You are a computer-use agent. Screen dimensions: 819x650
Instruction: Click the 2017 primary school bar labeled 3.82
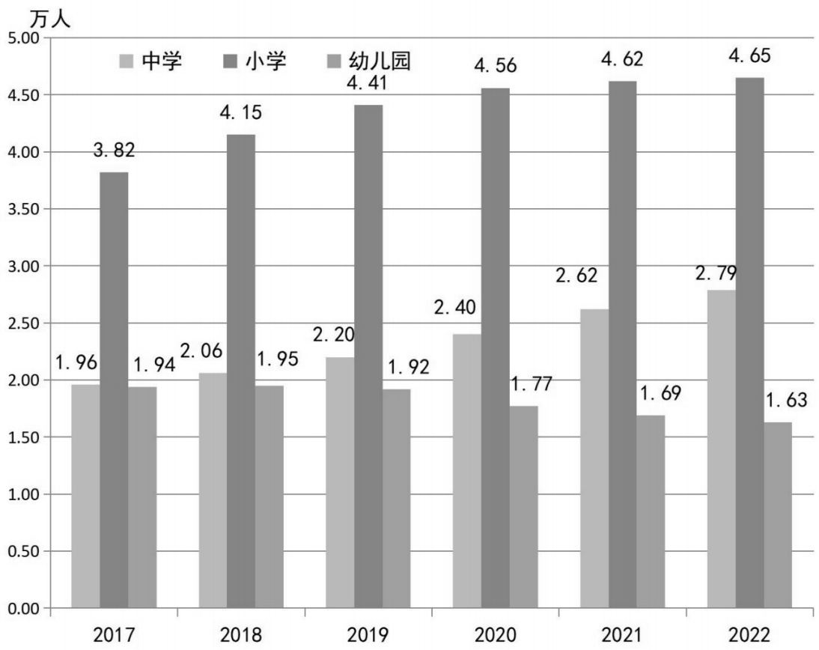[x=114, y=390]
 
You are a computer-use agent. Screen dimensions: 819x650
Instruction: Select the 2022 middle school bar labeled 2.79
[x=722, y=449]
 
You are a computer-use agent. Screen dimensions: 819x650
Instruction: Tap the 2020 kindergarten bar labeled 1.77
[x=523, y=507]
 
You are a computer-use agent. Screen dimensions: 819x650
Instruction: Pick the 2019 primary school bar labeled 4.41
[x=368, y=356]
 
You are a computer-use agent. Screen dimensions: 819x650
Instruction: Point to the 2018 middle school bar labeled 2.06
[x=213, y=490]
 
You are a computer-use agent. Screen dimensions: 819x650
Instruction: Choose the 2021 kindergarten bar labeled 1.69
[x=651, y=511]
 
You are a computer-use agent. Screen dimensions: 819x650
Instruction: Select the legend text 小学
[x=266, y=61]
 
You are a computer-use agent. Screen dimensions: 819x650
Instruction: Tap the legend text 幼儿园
[x=380, y=61]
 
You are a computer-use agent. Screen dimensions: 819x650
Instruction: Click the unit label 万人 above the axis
[x=49, y=19]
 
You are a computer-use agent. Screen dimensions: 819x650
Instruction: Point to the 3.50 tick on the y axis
[x=24, y=209]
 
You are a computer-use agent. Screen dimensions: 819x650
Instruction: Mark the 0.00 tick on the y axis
[x=24, y=608]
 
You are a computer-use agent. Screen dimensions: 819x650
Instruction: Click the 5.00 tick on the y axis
[x=24, y=37]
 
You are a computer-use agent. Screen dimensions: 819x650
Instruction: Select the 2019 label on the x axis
[x=368, y=635]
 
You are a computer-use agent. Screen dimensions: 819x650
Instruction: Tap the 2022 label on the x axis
[x=749, y=635]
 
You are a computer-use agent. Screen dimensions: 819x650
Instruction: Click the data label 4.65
[x=749, y=55]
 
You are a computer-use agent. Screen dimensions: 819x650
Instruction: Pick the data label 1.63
[x=786, y=400]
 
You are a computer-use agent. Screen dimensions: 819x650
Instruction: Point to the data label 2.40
[x=455, y=307]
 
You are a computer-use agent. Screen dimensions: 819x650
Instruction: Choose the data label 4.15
[x=241, y=112]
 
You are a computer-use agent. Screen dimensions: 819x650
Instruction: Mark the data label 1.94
[x=155, y=365]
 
